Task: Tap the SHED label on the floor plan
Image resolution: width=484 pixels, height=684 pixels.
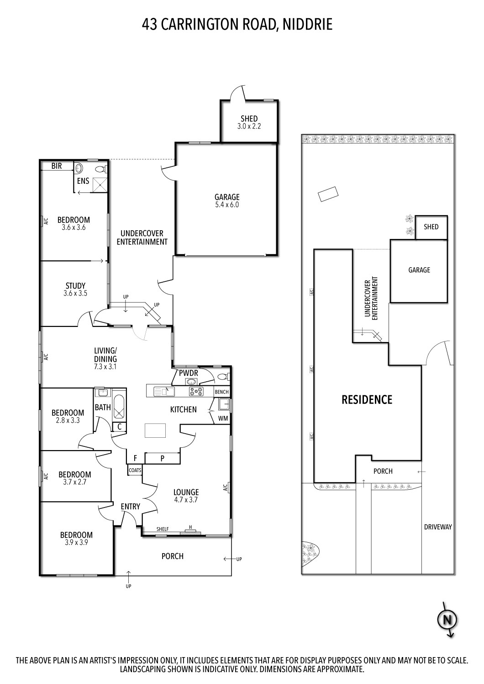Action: (x=249, y=119)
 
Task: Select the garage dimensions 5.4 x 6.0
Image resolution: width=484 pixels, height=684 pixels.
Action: (x=227, y=205)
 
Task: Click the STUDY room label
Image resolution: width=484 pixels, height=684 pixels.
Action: (x=75, y=286)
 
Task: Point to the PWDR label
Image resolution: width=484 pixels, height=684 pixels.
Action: (x=188, y=373)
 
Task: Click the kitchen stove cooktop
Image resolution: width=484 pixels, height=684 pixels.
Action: (x=197, y=391)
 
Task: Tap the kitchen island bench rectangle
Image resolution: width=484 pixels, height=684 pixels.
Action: (x=155, y=430)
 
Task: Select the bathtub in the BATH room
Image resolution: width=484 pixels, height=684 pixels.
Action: (x=119, y=406)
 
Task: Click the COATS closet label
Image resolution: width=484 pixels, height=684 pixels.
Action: (x=135, y=470)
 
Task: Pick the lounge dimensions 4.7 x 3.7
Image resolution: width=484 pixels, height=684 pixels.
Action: (x=186, y=500)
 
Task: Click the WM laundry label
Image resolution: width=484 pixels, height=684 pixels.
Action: (x=223, y=418)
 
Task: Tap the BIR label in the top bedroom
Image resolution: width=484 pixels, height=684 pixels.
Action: (x=57, y=166)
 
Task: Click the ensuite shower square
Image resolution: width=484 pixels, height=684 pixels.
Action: (x=100, y=184)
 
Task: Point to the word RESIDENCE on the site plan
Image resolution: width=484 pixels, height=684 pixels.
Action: (x=367, y=400)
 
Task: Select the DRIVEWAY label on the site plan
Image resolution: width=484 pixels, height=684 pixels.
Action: (x=437, y=527)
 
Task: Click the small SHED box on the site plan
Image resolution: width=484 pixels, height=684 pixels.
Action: (x=431, y=227)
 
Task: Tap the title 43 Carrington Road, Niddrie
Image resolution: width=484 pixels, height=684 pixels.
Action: (x=237, y=24)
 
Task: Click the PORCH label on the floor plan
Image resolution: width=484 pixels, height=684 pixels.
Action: (x=173, y=556)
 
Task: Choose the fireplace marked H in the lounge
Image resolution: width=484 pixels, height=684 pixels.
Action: (x=190, y=530)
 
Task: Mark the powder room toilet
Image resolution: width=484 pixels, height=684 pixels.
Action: (x=222, y=377)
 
